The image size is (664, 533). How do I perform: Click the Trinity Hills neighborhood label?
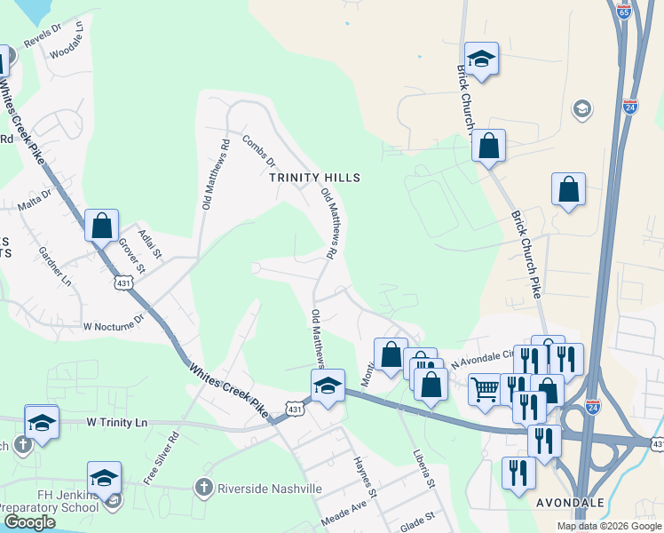(314, 178)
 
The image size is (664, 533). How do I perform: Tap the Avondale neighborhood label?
(571, 503)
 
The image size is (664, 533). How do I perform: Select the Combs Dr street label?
(259, 152)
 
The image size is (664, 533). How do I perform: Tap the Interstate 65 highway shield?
(623, 12)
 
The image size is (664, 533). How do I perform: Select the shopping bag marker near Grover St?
(102, 225)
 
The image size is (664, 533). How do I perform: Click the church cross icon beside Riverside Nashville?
(203, 488)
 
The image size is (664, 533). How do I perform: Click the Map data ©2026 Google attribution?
(608, 526)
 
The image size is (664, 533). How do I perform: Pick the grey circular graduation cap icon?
(582, 109)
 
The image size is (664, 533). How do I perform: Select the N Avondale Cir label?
(482, 357)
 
